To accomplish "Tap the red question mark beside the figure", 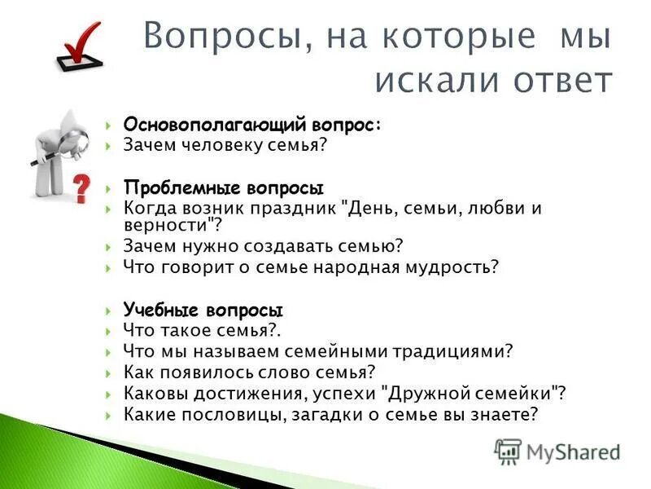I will click(x=81, y=187).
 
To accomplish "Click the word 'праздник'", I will click(x=304, y=208).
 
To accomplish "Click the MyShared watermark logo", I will click(x=558, y=451).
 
